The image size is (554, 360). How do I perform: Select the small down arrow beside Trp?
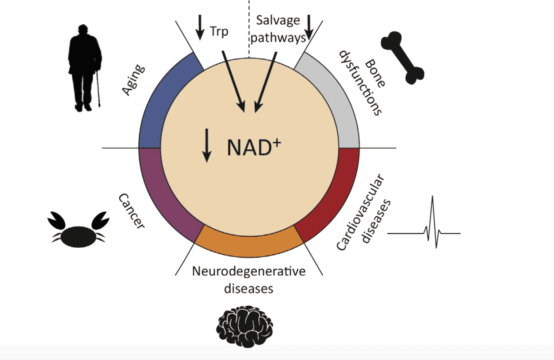[200, 27]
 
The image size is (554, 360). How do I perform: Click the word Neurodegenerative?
[249, 272]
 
